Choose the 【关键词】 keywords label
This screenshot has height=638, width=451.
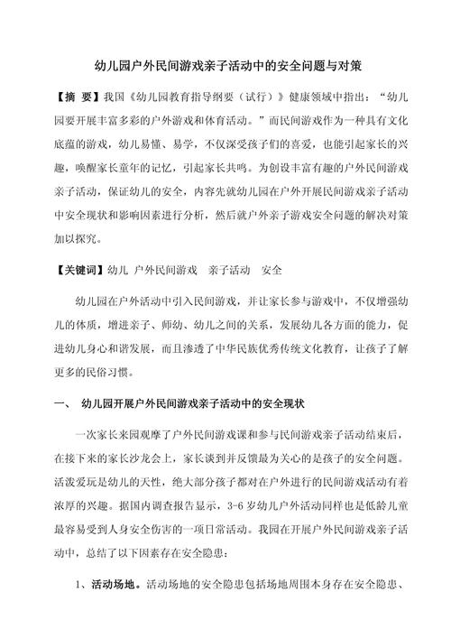76,268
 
